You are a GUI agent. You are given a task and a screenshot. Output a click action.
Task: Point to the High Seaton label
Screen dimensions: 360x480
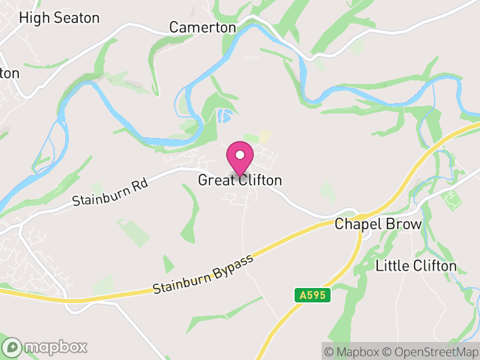(59, 18)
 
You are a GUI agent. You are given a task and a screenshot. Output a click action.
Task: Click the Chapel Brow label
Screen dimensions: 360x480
(378, 224)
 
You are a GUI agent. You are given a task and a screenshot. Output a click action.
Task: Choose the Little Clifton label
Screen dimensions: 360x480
(416, 265)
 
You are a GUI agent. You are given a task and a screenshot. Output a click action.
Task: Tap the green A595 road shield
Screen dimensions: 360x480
(313, 295)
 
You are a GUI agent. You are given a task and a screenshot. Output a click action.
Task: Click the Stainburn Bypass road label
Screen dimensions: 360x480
(205, 273)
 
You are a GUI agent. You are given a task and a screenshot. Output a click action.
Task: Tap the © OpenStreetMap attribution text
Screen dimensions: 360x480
(431, 351)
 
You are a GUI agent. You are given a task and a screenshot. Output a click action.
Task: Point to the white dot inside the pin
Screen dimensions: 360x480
(240, 155)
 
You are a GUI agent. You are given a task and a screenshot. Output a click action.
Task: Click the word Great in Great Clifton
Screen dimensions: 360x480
(216, 180)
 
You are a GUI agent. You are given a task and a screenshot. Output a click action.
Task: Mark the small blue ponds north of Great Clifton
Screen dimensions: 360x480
(224, 115)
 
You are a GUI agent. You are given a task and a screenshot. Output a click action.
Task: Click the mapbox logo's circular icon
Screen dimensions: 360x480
(13, 347)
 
